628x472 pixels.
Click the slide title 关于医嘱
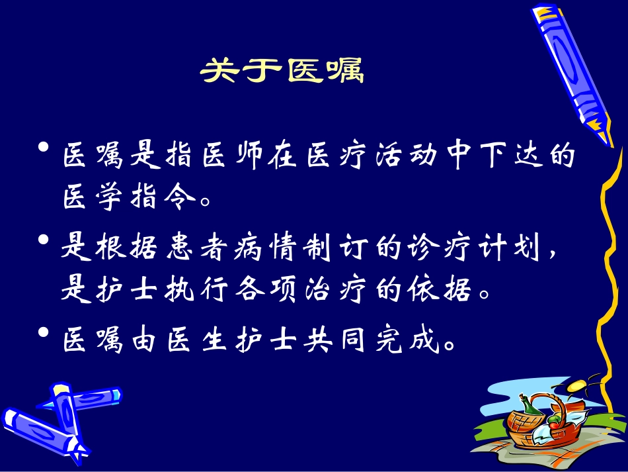(x=282, y=71)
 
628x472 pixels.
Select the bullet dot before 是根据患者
(x=44, y=240)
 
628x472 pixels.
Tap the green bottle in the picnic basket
(x=526, y=406)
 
